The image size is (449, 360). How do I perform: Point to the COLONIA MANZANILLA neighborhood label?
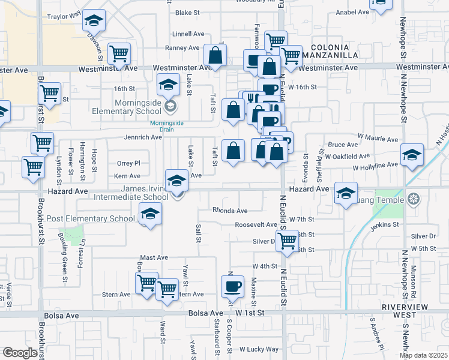tap(334, 51)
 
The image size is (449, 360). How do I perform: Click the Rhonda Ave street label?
tap(229, 211)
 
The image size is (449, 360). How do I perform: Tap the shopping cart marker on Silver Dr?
tap(288, 240)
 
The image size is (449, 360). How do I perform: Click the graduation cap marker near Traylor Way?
tap(93, 22)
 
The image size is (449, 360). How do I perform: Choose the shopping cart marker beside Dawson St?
tap(119, 53)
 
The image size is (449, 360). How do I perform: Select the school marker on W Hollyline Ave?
tap(412, 155)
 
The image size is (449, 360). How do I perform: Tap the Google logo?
tap(20, 353)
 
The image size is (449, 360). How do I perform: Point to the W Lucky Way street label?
tap(259, 349)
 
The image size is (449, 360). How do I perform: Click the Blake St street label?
tap(187, 12)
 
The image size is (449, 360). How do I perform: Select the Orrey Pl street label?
tap(128, 163)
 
